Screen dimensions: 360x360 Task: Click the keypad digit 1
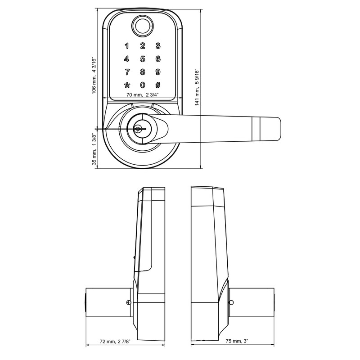click(127, 45)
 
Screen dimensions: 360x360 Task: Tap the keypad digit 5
click(143, 58)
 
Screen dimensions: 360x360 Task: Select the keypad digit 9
click(158, 72)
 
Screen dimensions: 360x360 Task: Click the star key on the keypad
click(127, 85)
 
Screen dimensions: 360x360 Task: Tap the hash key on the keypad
click(158, 85)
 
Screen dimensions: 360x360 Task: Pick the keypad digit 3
click(158, 45)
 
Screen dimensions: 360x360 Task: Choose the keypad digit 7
click(127, 72)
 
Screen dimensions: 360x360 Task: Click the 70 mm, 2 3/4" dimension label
click(142, 95)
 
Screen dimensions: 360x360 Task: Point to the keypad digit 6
click(158, 58)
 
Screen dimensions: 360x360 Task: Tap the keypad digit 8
click(143, 72)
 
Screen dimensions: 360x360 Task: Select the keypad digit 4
click(127, 58)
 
